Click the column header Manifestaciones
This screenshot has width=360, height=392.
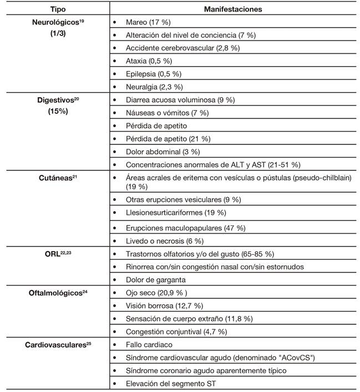(x=234, y=9)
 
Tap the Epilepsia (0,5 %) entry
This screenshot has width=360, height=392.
(x=154, y=74)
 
